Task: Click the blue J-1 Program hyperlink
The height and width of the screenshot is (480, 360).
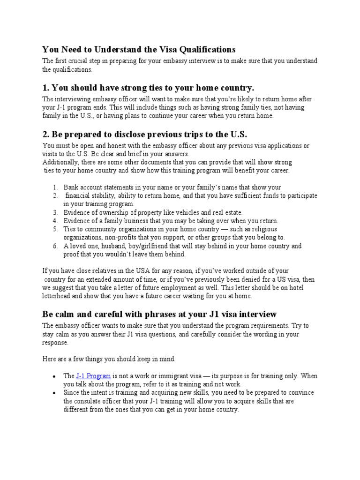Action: point(93,376)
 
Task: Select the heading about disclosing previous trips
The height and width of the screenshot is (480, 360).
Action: point(144,134)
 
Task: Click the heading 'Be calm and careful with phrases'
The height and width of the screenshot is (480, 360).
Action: point(159,313)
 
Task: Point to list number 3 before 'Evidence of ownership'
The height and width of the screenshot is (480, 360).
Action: point(54,212)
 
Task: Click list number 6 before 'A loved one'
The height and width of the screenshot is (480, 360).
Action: point(54,246)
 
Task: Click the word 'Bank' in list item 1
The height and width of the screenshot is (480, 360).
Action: point(72,187)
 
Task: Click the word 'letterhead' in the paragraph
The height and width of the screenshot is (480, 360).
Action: point(58,296)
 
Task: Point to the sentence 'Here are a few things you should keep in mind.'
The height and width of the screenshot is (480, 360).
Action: point(109,359)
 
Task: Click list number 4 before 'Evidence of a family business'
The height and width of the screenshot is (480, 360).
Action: point(54,221)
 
